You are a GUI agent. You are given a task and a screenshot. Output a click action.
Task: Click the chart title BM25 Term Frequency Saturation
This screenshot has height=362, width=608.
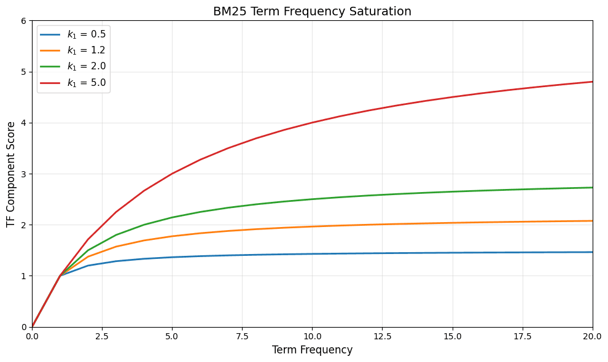pos(312,11)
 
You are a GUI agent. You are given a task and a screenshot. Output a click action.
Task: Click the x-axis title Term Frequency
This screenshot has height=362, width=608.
pos(312,350)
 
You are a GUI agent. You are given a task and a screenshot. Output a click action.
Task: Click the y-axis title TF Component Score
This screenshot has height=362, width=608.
pos(11,174)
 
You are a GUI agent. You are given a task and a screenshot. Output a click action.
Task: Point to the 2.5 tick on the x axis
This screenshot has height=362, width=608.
pos(102,336)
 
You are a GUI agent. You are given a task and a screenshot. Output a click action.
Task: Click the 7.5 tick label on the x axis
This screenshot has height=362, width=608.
pos(242,336)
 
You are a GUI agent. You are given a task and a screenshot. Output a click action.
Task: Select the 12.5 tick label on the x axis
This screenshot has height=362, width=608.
pos(382,336)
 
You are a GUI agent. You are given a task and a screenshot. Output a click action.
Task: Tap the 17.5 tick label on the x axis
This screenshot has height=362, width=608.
pos(523,336)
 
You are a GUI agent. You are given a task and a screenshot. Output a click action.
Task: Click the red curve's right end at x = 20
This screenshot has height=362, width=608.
pos(592,82)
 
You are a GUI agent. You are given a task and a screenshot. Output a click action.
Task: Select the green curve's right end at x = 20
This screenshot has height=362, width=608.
pos(592,188)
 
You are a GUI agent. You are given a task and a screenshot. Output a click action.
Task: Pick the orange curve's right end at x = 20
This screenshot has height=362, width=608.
pos(592,221)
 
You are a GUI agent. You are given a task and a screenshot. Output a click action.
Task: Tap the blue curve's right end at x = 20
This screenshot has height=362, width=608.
pos(592,252)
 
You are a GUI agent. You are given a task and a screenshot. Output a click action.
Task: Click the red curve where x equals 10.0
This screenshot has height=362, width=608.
pos(312,123)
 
